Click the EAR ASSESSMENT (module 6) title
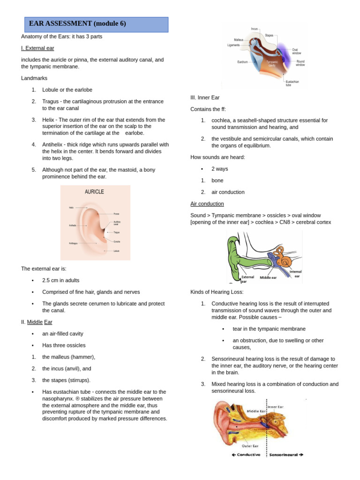pyautogui.click(x=77, y=24)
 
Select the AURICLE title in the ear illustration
pyautogui.click(x=94, y=192)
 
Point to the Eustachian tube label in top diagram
pyautogui.click(x=292, y=83)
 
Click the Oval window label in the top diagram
pyautogui.click(x=297, y=51)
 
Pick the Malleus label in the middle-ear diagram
pyautogui.click(x=239, y=40)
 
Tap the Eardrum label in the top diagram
pyautogui.click(x=242, y=61)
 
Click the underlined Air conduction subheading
pyautogui.click(x=207, y=204)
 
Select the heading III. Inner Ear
pyautogui.click(x=205, y=97)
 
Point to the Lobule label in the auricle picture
pyautogui.click(x=116, y=251)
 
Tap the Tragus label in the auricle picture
pyautogui.click(x=116, y=232)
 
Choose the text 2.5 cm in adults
pyautogui.click(x=61, y=280)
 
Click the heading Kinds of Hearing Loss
pyautogui.click(x=217, y=292)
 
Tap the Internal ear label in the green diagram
pyautogui.click(x=295, y=273)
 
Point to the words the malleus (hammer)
pyautogui.click(x=65, y=357)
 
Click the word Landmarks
pyautogui.click(x=34, y=78)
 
